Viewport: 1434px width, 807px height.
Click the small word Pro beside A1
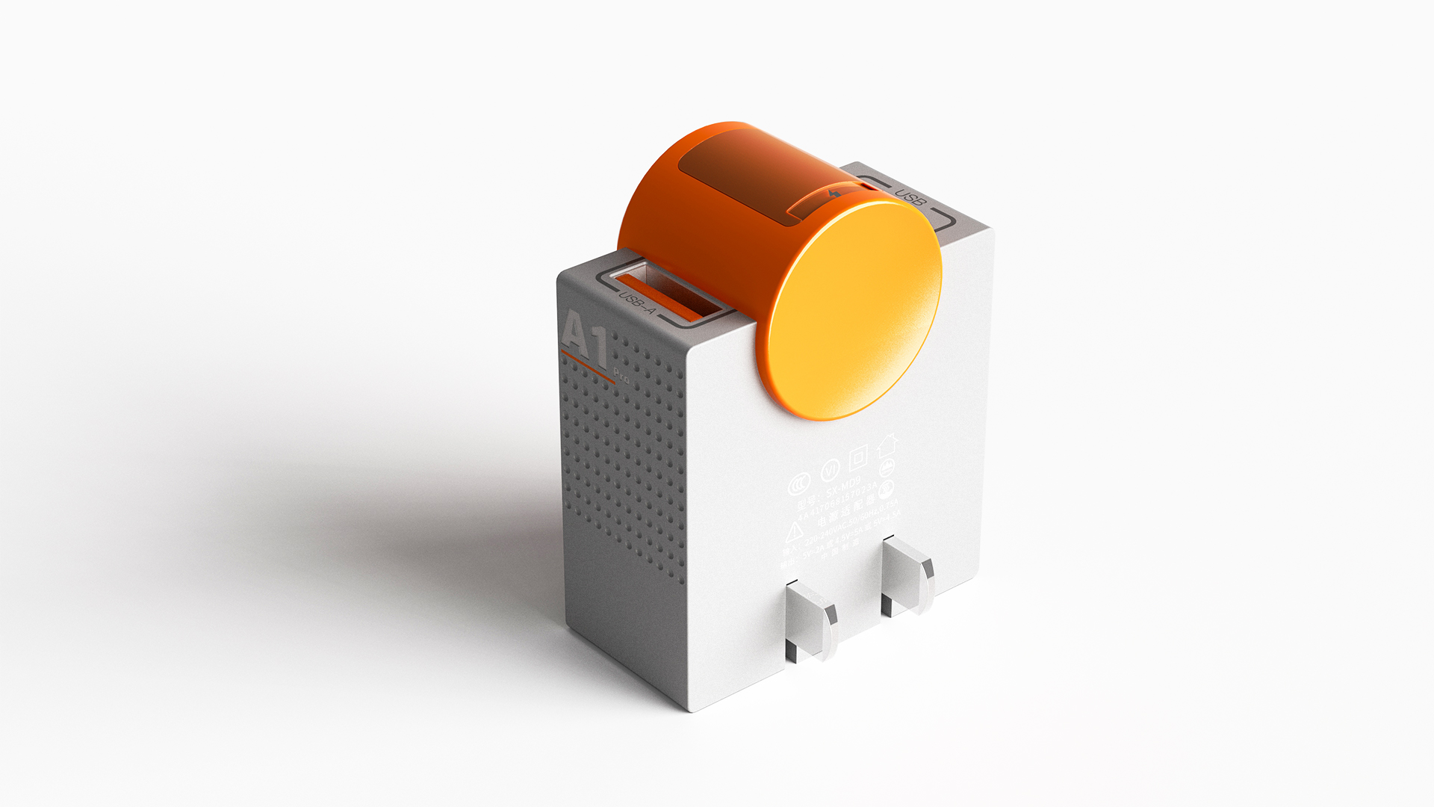621,374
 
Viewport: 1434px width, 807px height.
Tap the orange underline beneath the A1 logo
587,368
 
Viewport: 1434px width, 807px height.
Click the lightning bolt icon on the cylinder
834,194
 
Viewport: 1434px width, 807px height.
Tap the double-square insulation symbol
859,456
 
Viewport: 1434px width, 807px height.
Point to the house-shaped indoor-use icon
887,445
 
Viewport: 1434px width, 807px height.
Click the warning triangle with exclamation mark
793,532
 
